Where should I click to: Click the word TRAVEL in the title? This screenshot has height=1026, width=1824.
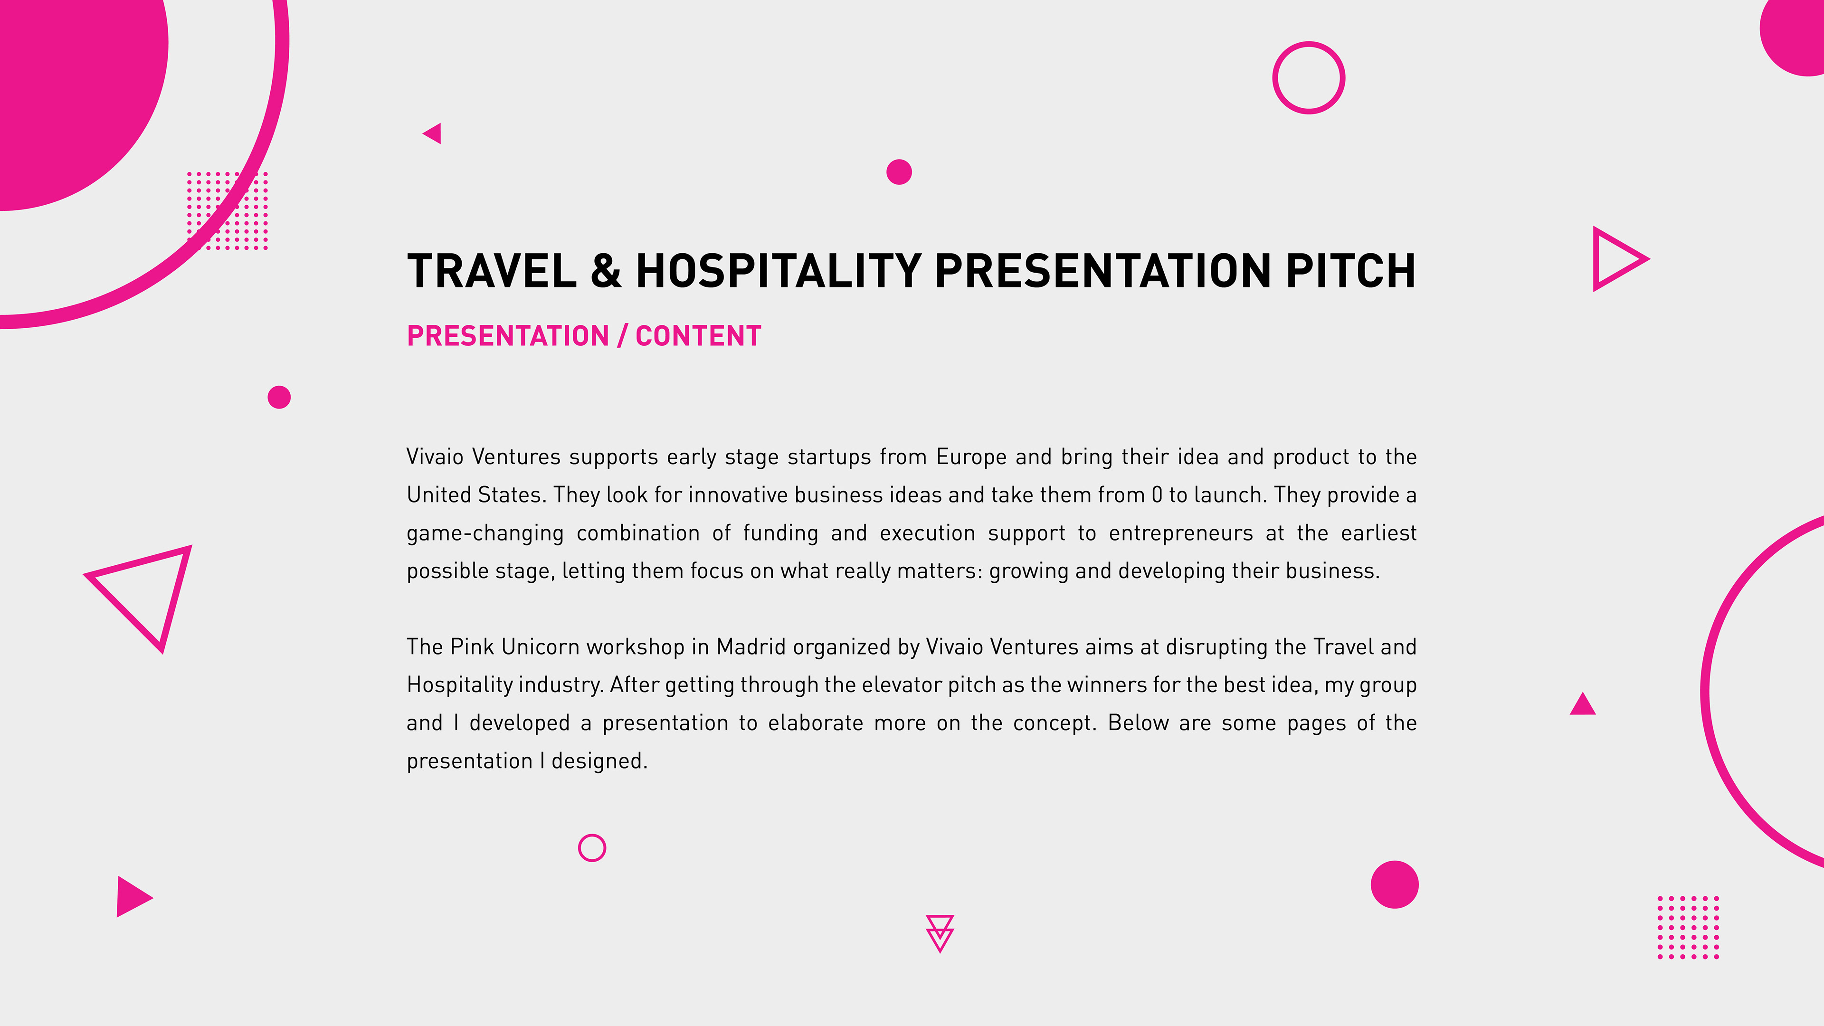tap(492, 271)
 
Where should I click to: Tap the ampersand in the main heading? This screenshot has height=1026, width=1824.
tap(606, 271)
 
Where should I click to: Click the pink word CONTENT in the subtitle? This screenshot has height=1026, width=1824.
tap(698, 336)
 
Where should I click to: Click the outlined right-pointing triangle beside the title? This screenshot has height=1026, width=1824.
tap(1596, 259)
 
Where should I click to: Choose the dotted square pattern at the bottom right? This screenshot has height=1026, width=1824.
tap(1688, 928)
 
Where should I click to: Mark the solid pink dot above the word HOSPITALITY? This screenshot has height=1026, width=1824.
tap(899, 172)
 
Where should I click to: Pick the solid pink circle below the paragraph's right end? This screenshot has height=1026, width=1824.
tap(1395, 884)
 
